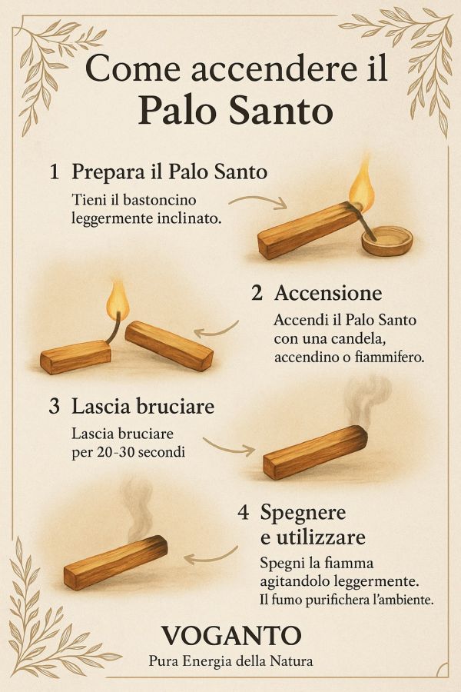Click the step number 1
(54, 172)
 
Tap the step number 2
(257, 293)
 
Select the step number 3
(54, 406)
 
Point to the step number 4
(244, 512)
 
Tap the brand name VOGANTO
(230, 635)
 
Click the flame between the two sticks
(117, 301)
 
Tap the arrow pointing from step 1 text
(258, 201)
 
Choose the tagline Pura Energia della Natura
(230, 660)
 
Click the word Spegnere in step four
(303, 512)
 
